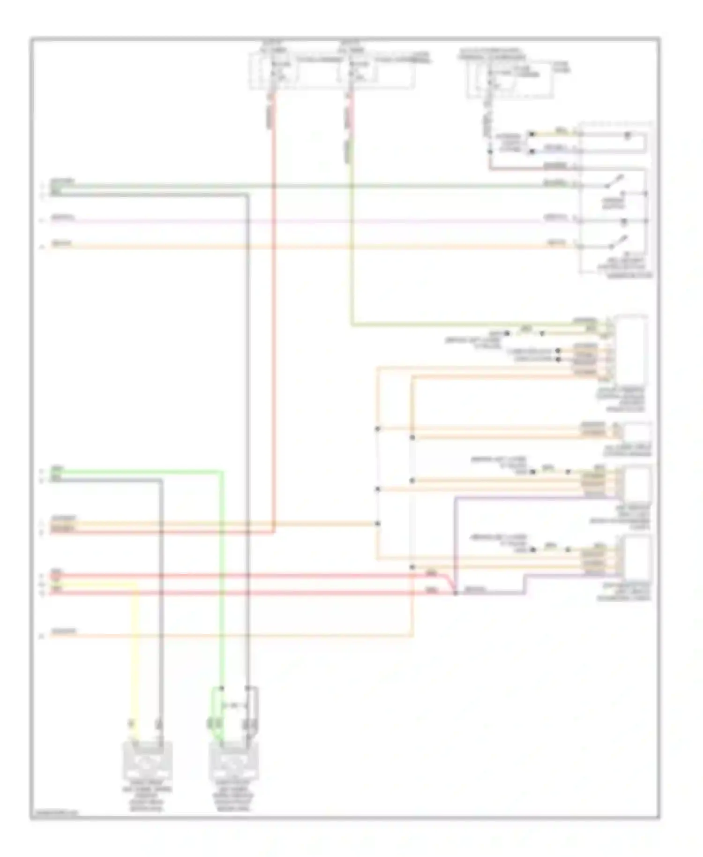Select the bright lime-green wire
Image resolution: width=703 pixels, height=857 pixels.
pos(222,563)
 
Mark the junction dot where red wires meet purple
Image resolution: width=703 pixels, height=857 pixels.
pos(455,594)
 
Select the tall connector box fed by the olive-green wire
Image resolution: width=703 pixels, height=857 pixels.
pos(631,349)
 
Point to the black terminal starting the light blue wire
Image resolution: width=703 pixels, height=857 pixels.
pos(531,151)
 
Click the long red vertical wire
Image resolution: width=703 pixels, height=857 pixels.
pos(274,328)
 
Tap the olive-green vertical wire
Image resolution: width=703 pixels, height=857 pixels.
pos(352,234)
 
